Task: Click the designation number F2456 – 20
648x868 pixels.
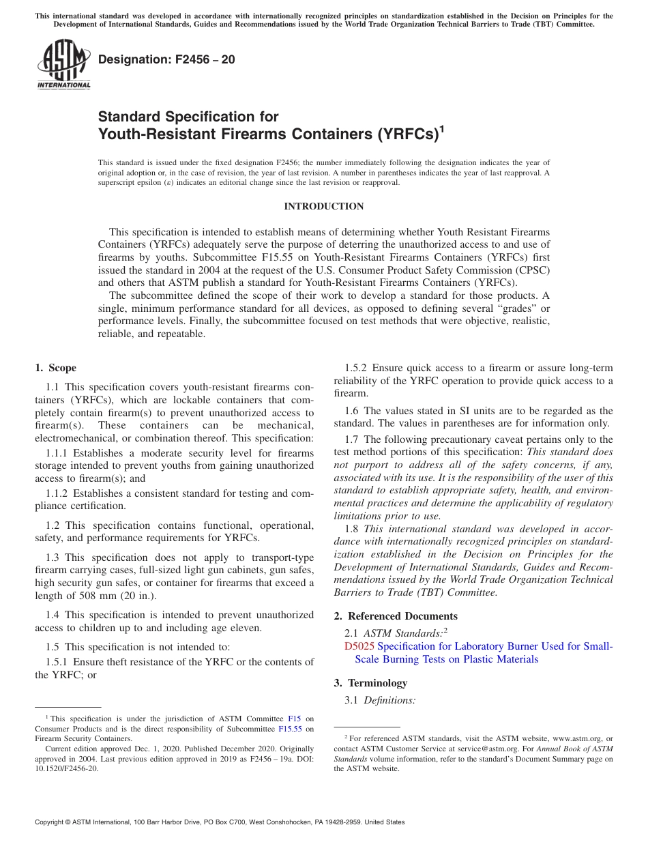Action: point(166,59)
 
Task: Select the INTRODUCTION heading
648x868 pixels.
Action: point(323,206)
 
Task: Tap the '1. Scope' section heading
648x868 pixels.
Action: point(56,368)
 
